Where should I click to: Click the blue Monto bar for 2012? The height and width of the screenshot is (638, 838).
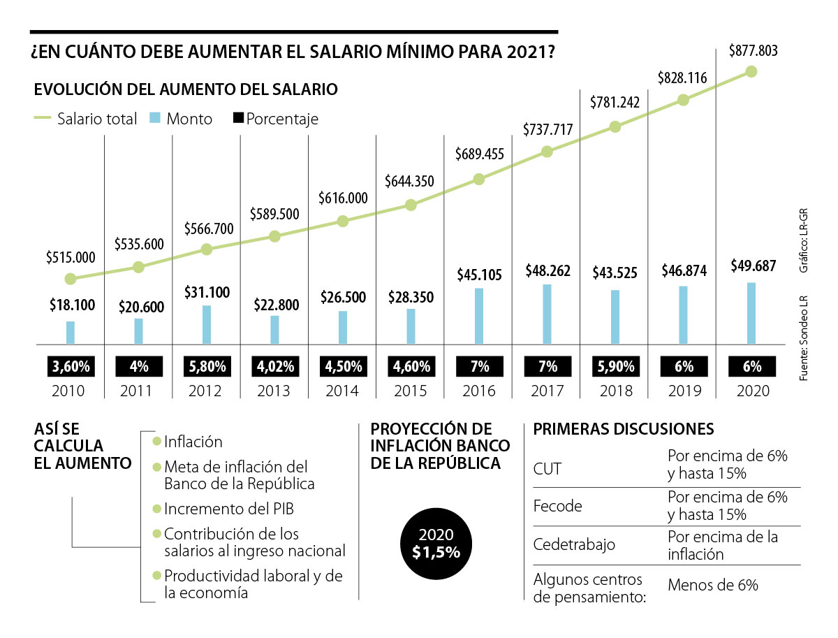(207, 324)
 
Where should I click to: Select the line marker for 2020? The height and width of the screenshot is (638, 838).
(751, 71)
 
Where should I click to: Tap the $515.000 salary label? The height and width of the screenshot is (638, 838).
(70, 258)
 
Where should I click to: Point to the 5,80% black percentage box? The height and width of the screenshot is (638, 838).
(206, 366)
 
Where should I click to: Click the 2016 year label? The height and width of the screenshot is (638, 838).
(478, 391)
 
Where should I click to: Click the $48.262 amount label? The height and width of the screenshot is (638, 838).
(547, 273)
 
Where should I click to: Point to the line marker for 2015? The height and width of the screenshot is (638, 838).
(411, 205)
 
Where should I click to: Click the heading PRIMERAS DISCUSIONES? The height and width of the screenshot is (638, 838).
(624, 428)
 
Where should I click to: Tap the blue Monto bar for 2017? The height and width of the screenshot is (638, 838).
(547, 314)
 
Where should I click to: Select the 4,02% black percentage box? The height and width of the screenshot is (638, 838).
(274, 366)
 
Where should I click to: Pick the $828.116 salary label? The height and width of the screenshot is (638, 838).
(683, 79)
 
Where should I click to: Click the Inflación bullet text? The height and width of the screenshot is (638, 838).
(193, 442)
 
